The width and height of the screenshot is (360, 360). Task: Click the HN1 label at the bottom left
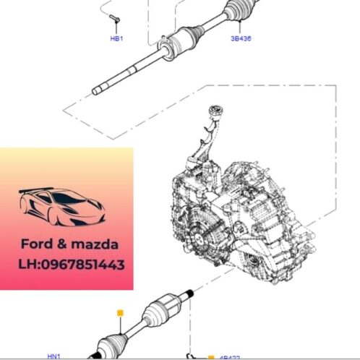[54, 356]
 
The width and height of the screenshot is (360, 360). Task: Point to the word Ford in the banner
[34, 244]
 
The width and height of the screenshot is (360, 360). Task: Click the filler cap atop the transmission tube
[215, 111]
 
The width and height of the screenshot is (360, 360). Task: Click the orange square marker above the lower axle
[121, 312]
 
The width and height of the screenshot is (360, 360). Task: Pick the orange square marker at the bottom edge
[210, 356]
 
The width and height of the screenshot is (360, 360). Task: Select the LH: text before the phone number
[29, 265]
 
